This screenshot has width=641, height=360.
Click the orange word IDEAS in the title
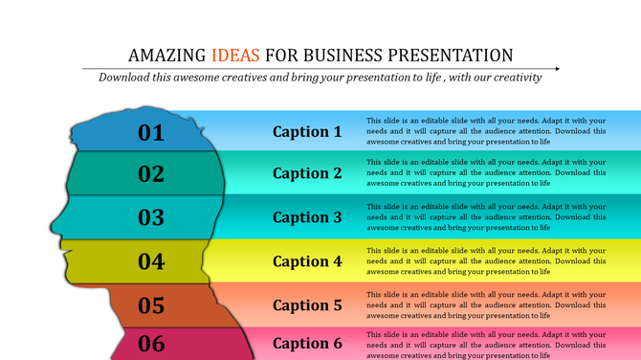[x=235, y=55]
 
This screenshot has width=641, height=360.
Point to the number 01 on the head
[x=152, y=133]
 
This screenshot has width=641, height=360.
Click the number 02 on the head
[x=152, y=174]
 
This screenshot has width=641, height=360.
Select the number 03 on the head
[x=152, y=217]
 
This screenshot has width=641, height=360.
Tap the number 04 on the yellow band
[x=152, y=261]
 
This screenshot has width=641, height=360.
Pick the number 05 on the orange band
[x=152, y=305]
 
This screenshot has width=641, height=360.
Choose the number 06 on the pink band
[x=152, y=344]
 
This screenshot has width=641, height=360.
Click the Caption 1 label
[x=307, y=132]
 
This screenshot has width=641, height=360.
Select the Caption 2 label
[x=307, y=173]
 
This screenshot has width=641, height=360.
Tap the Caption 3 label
[x=307, y=217]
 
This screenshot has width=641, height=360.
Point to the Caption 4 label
[x=307, y=261]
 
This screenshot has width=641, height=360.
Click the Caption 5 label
[x=307, y=305]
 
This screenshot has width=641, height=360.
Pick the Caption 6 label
[x=307, y=344]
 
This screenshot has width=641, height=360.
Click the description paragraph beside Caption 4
[x=486, y=260]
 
